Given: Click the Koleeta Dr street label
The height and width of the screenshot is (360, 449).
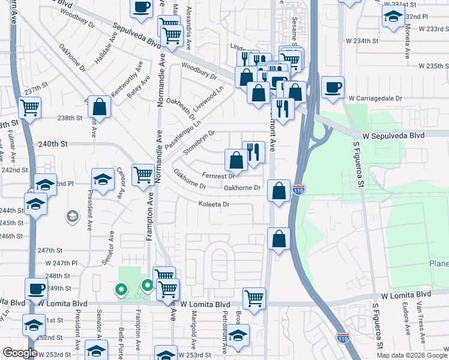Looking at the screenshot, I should [214, 205].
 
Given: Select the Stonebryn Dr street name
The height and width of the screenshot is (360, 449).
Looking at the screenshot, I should [199, 142].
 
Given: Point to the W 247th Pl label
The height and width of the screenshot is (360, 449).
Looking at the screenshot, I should [62, 263].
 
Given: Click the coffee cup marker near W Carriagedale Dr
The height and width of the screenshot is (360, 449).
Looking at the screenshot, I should [333, 87].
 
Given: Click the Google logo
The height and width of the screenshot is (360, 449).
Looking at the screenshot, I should [19, 353].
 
